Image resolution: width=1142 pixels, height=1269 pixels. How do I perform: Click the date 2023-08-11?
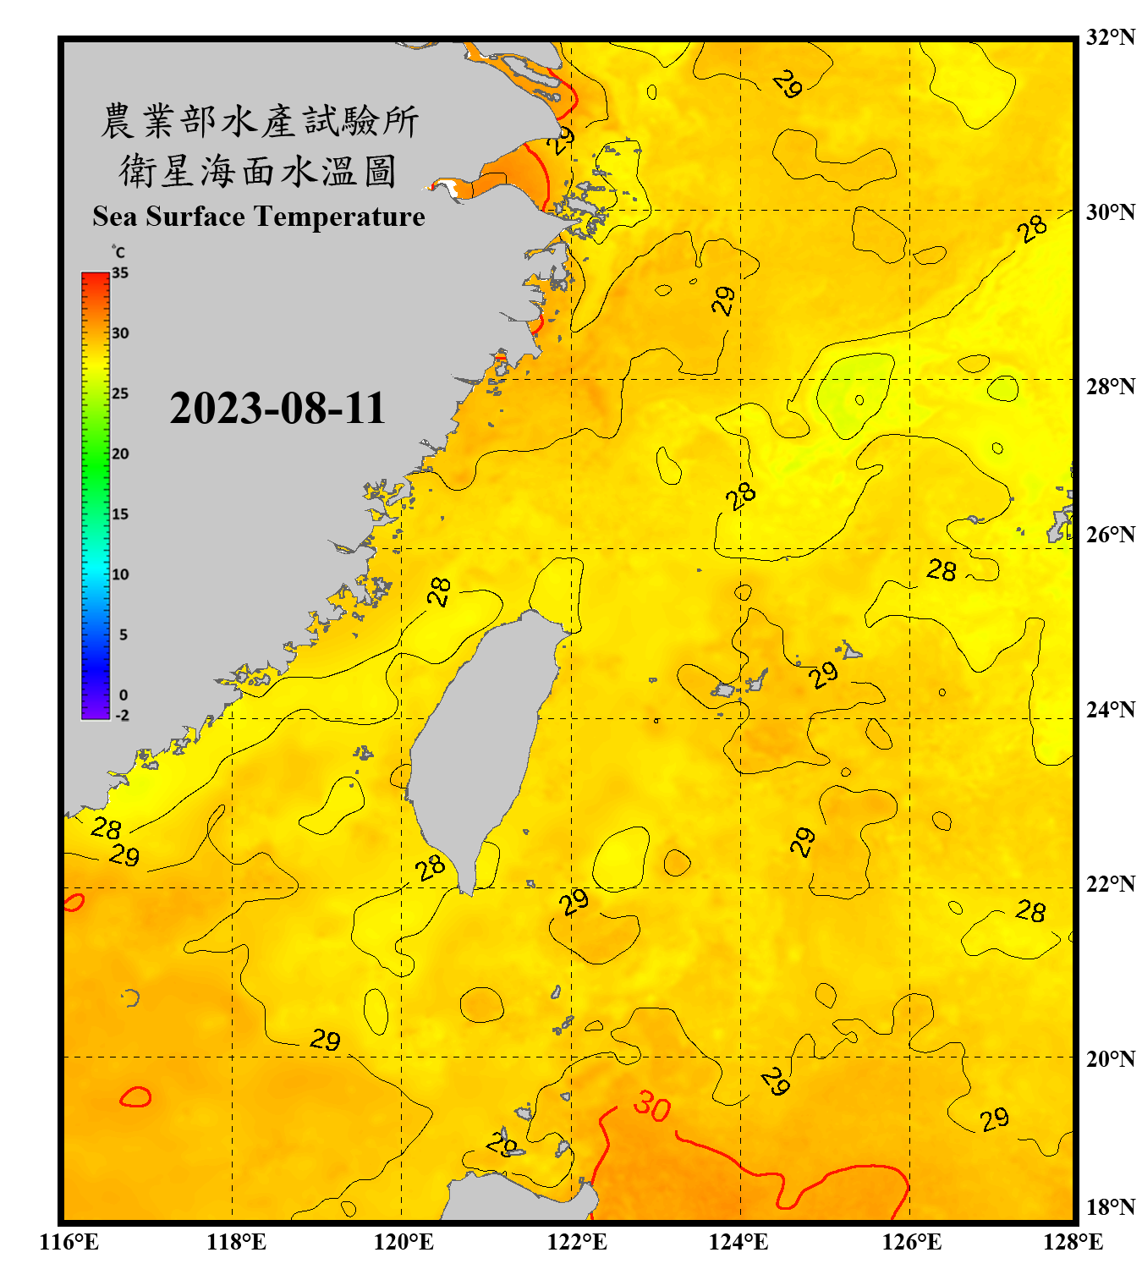point(277,409)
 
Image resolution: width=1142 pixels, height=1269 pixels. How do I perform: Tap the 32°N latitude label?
point(1111,37)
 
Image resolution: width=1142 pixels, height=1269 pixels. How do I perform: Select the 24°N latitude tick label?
point(1111,709)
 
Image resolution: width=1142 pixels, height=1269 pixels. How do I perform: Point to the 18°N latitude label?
point(1111,1206)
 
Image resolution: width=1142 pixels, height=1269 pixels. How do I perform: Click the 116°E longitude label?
point(69,1242)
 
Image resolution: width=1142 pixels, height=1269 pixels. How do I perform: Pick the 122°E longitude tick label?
point(577,1242)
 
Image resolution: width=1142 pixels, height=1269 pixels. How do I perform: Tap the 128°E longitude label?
point(1073,1242)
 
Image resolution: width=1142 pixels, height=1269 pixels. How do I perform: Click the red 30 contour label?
point(652,1106)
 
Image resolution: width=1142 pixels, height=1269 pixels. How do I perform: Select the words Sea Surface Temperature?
point(259,217)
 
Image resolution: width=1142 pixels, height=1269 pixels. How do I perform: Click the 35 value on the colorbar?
point(120,273)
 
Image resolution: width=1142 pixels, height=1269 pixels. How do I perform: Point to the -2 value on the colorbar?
point(122,715)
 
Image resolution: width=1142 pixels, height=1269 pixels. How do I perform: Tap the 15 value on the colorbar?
point(120,514)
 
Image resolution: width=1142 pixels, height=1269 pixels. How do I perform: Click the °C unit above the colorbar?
point(118,252)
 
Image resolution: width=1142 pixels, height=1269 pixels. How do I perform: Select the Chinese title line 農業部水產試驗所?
point(260,121)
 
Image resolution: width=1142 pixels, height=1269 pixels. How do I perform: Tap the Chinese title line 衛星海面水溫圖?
point(258,172)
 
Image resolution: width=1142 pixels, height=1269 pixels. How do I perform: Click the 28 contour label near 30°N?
point(1033,228)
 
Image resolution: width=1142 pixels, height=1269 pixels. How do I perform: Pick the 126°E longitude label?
point(912,1242)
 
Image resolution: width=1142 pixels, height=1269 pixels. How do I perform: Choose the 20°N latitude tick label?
point(1111,1058)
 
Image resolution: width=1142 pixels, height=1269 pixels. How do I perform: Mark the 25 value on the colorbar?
point(120,393)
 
